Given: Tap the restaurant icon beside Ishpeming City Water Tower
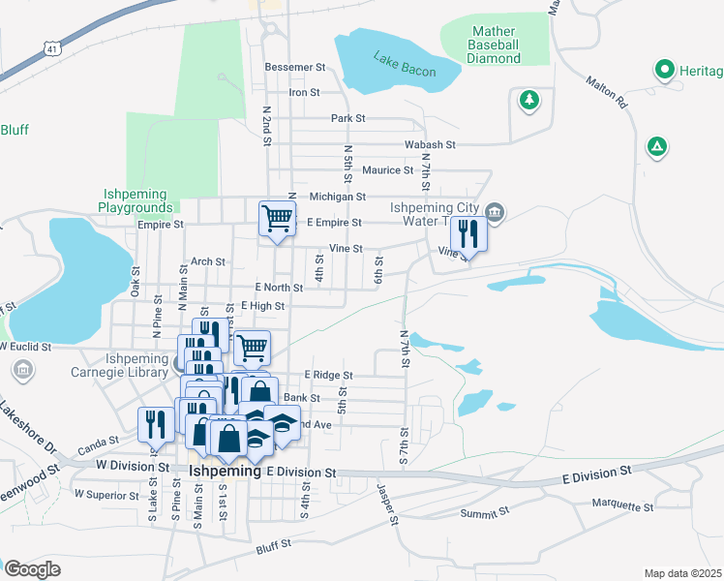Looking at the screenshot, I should [468, 232].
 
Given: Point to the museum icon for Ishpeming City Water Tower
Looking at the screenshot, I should [495, 211].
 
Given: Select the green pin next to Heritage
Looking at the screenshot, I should [664, 70].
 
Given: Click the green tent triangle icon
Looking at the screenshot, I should [657, 147].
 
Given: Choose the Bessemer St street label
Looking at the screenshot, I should [294, 68].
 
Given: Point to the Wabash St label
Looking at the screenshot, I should [430, 144].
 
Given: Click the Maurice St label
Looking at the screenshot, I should [387, 170].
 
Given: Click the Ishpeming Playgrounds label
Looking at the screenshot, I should [135, 200].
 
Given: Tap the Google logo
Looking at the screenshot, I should [32, 569].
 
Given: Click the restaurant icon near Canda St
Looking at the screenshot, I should [154, 422].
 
